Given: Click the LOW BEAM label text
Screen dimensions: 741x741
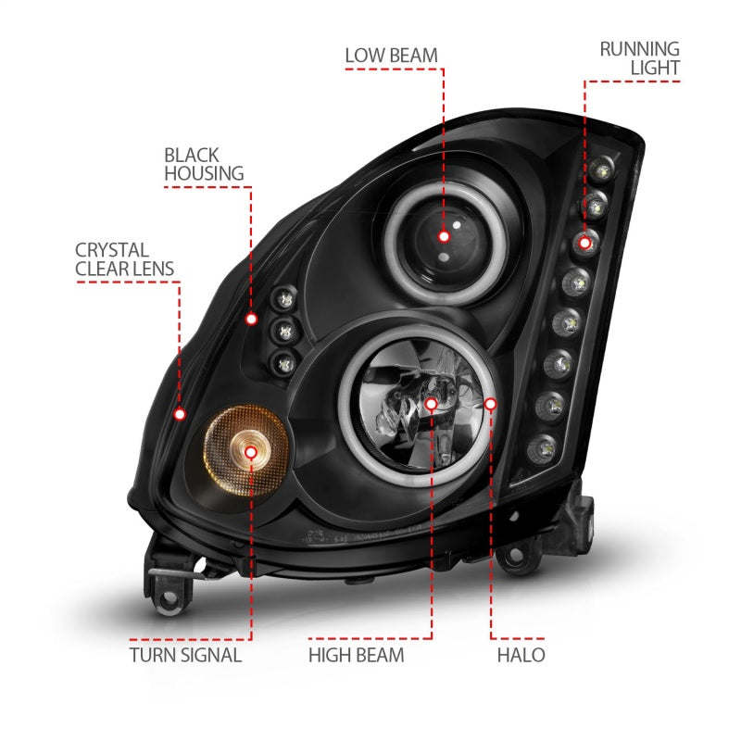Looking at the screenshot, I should (x=392, y=55).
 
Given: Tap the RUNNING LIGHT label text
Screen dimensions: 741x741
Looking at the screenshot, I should (x=639, y=57).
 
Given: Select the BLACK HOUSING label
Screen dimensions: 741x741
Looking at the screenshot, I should (x=204, y=164).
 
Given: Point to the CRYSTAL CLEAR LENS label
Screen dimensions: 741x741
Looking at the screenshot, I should (x=125, y=260).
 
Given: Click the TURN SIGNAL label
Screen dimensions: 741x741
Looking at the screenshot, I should (x=185, y=655).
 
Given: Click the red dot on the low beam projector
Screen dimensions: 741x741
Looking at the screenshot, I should (x=444, y=236).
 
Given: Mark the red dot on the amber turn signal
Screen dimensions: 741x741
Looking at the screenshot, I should (x=251, y=451).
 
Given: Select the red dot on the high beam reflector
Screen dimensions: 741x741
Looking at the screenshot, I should (x=432, y=404).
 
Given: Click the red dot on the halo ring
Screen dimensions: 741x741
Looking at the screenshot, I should (x=491, y=404).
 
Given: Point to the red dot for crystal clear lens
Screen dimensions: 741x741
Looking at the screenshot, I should (x=181, y=413).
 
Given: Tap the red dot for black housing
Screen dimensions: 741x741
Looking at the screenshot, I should (x=251, y=319).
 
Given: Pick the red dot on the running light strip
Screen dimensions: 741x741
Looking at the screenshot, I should (x=584, y=243).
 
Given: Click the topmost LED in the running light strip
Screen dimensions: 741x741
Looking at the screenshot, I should (x=604, y=169).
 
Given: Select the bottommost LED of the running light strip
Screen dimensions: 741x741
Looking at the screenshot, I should (x=538, y=450).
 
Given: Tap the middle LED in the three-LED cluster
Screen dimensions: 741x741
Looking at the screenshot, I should (x=283, y=329).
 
